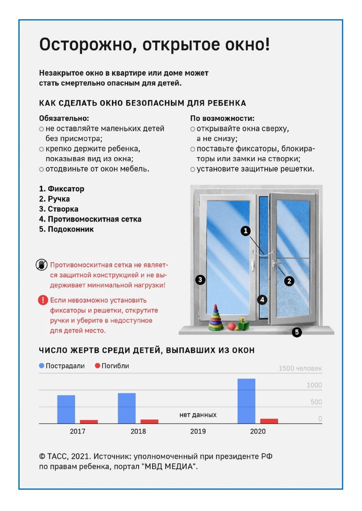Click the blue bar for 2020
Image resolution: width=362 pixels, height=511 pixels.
(246, 401)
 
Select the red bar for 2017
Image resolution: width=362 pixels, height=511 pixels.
(89, 421)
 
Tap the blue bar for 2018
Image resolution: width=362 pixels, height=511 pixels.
(127, 408)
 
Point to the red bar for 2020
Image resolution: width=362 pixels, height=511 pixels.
(269, 421)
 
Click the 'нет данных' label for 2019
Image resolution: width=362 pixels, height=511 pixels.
(198, 415)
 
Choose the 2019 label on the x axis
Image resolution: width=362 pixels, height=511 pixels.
(198, 432)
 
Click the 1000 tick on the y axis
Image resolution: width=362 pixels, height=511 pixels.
(314, 386)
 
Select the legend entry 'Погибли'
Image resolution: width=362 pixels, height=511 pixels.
(112, 366)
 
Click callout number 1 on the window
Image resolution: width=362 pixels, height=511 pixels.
(245, 231)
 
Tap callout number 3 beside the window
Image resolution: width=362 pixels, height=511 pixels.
(200, 280)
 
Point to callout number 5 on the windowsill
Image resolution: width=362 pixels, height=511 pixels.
(297, 332)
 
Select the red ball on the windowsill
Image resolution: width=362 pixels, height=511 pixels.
(231, 326)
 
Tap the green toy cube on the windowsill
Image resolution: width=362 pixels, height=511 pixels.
(243, 325)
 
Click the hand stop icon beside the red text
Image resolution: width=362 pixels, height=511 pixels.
(42, 264)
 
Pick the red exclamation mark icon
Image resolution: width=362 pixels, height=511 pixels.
(43, 300)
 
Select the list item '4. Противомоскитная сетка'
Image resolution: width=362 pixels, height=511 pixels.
(90, 219)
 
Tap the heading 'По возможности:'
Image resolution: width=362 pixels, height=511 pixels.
(222, 118)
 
